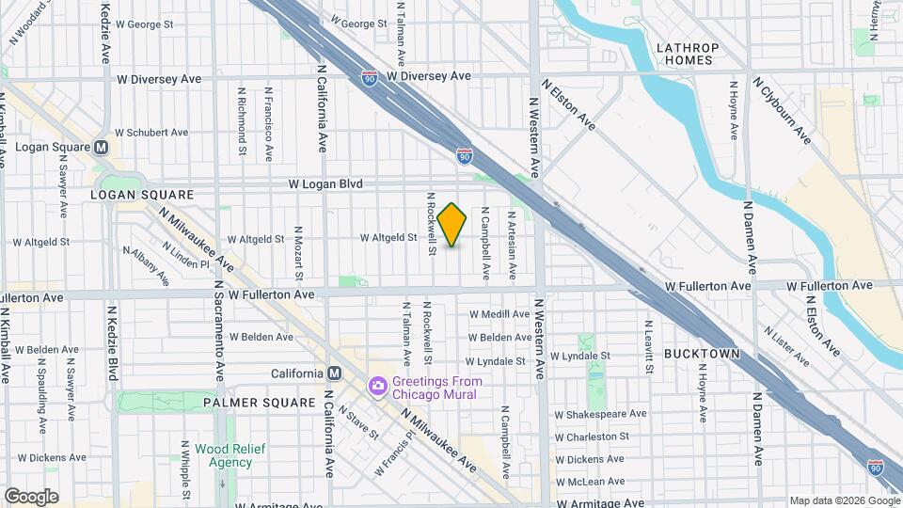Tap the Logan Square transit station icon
pos(101,148)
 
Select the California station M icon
pos(333,373)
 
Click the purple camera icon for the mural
pos(378,387)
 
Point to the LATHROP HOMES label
pos(688,55)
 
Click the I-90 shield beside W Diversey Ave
pos(371,74)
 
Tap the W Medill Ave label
pos(500,314)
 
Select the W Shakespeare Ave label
pos(600,414)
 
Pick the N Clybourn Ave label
pos(781,110)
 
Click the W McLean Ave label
pos(590,482)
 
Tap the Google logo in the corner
pos(31,497)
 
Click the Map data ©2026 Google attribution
pos(843,500)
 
